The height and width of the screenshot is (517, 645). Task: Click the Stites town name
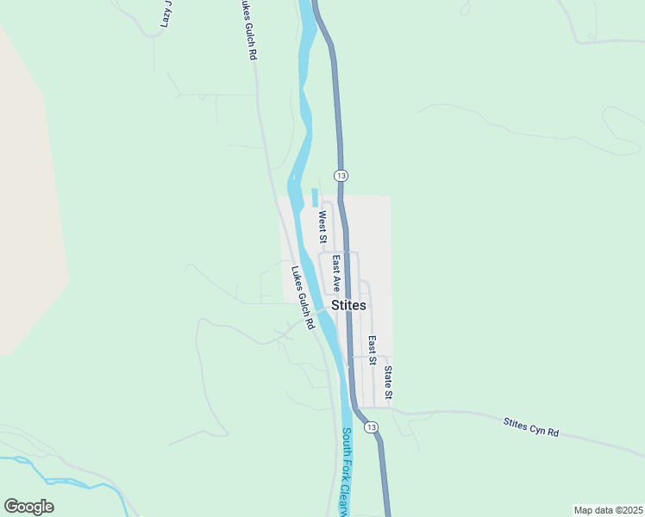[x=348, y=305]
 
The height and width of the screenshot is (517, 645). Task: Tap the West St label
[x=322, y=228]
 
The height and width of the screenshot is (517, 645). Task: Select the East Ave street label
[x=336, y=272]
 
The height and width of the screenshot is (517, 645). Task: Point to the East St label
[x=373, y=350]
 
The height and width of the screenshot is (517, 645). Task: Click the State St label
[x=388, y=383]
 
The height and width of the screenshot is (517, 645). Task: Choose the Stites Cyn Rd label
[x=531, y=427]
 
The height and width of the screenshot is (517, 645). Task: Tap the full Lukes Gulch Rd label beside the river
[x=302, y=296]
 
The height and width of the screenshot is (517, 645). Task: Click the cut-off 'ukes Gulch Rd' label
[x=248, y=29]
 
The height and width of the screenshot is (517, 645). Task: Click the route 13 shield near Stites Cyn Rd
[x=371, y=427]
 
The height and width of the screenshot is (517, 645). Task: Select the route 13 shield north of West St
[x=342, y=175]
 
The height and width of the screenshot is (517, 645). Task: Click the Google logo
[x=28, y=507]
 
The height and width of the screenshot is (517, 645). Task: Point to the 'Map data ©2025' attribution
[x=607, y=510]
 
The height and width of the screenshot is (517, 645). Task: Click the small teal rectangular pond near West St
[x=314, y=197]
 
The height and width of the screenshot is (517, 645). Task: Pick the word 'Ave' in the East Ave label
[x=336, y=282]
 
